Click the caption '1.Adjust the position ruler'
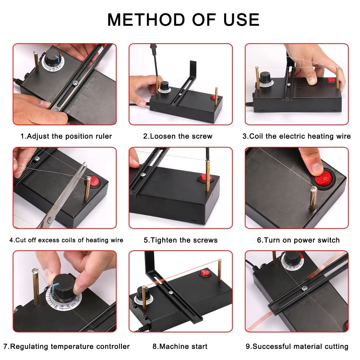66,136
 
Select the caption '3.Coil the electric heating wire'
296,136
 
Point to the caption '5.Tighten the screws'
180,240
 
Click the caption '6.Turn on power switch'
298,240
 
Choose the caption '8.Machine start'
180,346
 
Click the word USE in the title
239,19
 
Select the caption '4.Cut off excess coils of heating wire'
66,240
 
